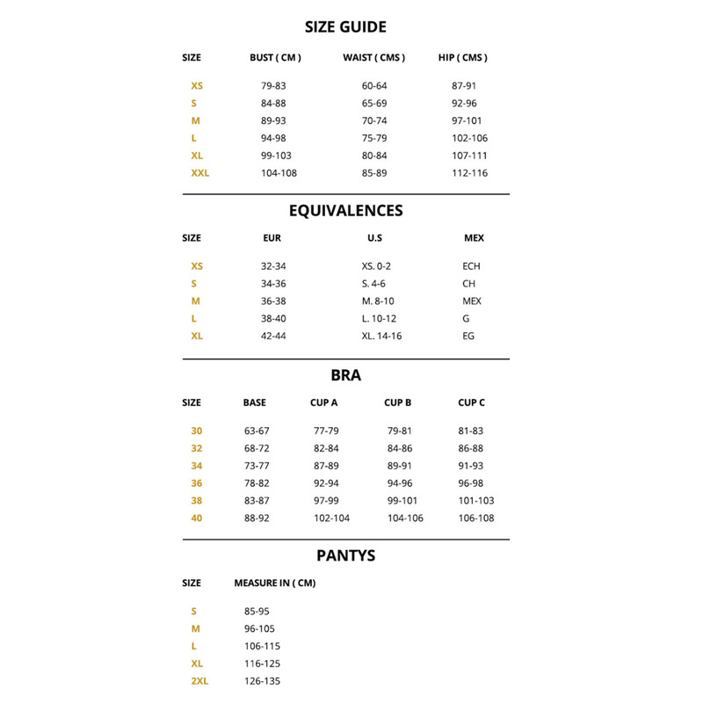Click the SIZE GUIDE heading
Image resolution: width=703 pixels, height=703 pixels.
pos(345,27)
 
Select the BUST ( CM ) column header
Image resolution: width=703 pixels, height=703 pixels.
pos(275,58)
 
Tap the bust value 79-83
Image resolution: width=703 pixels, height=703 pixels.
pos(273,86)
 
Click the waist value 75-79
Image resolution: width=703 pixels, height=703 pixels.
pos(374,138)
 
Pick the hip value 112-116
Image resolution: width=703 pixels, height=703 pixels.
pos(469,173)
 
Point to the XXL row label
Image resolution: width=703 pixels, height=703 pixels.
pos(199,173)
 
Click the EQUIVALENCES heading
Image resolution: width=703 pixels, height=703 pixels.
pos(345,211)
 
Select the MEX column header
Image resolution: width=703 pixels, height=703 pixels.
pos(474,238)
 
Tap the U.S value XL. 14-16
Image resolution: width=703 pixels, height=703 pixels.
pos(381,337)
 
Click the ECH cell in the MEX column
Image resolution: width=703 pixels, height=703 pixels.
pos(471,266)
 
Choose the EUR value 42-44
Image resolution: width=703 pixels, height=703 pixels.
pos(273,337)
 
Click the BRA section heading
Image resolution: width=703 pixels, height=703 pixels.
pos(345,375)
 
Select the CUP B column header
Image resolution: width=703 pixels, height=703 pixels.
pos(398,403)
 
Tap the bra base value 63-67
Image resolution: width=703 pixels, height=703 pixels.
pos(257,431)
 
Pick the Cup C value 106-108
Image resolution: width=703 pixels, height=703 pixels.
pos(476,518)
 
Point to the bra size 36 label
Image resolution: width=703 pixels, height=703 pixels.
pos(197,483)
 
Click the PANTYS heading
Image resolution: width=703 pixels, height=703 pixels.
pos(345,555)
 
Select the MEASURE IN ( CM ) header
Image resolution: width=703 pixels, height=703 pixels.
pos(275,583)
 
